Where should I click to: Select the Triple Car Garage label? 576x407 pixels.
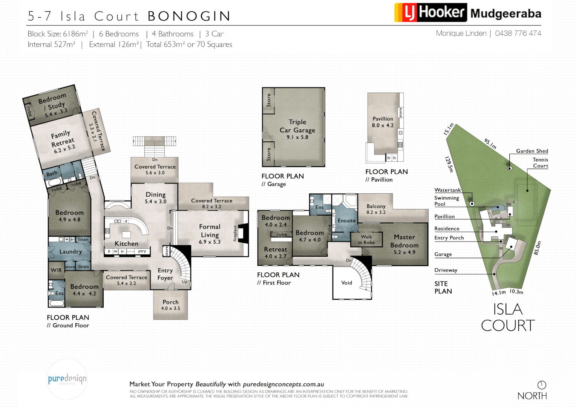[297, 126]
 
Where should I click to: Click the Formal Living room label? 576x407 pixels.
[210, 231]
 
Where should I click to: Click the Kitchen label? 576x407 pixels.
[126, 243]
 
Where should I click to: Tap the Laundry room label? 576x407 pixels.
[70, 251]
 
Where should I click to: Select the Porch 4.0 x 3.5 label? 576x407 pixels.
[170, 305]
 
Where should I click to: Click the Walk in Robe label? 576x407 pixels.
[366, 240]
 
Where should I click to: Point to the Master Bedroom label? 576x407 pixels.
[404, 241]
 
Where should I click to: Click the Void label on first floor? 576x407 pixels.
[346, 283]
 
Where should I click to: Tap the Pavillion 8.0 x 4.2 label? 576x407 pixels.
[383, 122]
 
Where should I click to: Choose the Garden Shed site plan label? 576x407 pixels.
[532, 151]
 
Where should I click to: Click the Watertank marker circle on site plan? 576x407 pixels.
[472, 203]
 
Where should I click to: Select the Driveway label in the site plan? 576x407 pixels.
[446, 270]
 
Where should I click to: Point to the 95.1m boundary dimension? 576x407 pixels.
[490, 144]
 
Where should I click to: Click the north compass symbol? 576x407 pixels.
[542, 385]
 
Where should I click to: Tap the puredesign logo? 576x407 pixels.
[67, 379]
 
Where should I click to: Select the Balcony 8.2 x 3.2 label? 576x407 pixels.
[376, 209]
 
